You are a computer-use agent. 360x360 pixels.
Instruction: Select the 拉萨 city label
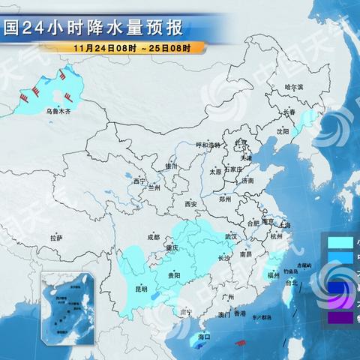[56, 238]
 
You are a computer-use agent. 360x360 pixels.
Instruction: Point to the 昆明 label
[141, 288]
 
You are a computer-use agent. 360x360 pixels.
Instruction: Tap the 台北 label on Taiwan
[292, 283]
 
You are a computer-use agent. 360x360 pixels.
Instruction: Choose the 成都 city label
[153, 237]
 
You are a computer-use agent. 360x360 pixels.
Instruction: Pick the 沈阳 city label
[282, 130]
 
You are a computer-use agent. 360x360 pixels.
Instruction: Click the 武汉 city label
[229, 237]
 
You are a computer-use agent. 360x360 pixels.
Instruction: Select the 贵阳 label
[174, 275]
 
